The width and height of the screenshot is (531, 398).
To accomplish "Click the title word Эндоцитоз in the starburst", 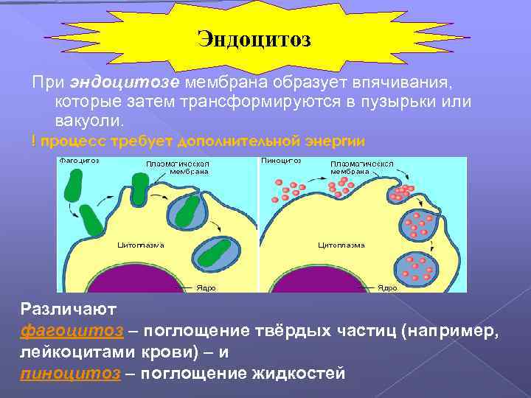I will (x=254, y=38).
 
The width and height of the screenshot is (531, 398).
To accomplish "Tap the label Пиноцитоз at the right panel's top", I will (x=282, y=160).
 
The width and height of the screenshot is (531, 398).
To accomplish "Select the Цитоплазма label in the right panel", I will (x=341, y=244).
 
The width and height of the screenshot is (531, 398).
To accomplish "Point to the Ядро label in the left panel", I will (x=206, y=287).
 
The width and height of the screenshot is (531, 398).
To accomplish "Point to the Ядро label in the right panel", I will (x=387, y=287).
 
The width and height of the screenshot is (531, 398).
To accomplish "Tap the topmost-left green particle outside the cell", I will (x=74, y=184).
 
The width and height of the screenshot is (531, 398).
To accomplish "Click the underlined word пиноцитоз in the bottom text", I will (x=70, y=373).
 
